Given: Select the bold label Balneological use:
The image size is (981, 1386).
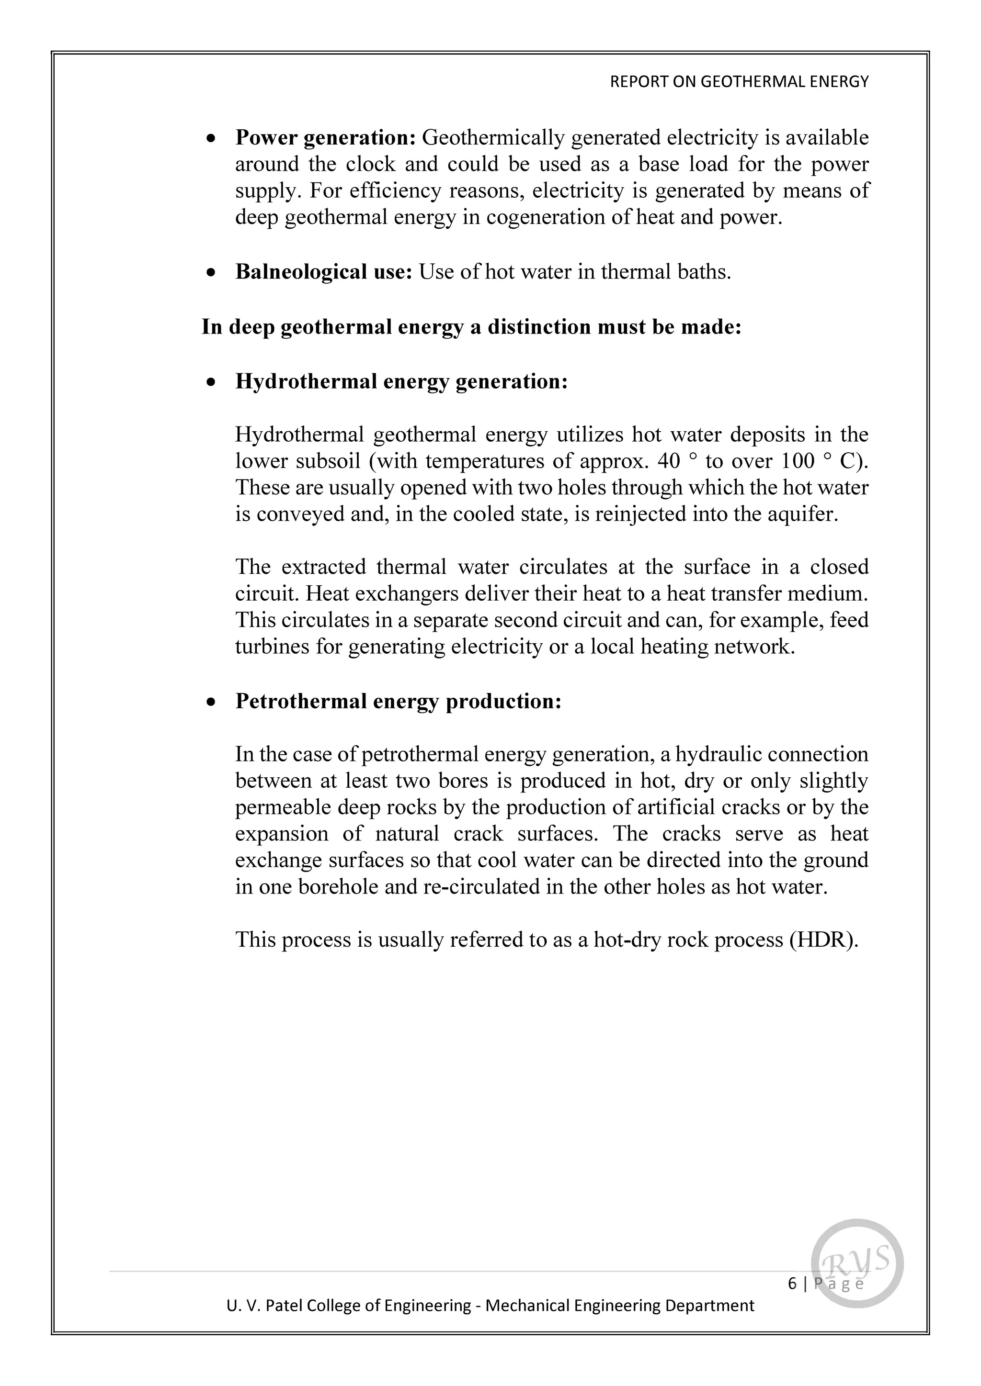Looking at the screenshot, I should tap(324, 272).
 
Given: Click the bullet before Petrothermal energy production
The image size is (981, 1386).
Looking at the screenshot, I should tap(210, 702).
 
